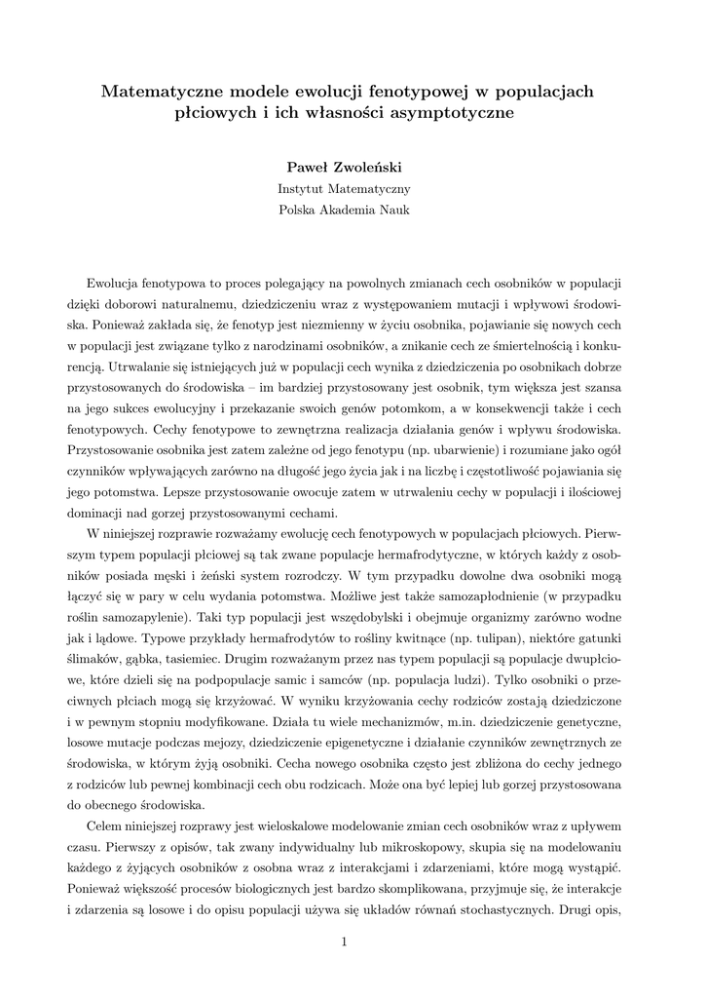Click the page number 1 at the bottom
click(345, 941)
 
